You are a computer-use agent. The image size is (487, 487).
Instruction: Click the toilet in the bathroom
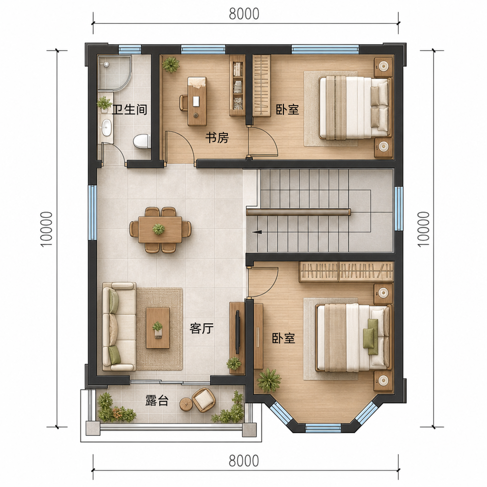[x=142, y=141]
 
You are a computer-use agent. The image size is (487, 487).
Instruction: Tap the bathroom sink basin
[x=107, y=127]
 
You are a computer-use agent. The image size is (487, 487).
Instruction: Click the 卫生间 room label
[x=129, y=110]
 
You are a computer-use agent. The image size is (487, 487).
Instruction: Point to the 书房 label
[x=217, y=137]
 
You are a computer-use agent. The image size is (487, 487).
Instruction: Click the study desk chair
[x=184, y=103]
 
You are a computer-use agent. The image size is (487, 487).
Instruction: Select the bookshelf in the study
[x=237, y=86]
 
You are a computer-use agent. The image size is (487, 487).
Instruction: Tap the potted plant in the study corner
[x=171, y=64]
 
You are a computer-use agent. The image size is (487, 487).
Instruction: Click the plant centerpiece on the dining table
[x=159, y=229]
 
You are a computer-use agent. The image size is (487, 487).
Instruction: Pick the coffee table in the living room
[x=158, y=328]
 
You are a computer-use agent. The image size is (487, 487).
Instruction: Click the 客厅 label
[x=202, y=328]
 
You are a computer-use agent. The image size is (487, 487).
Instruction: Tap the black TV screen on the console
[x=238, y=331]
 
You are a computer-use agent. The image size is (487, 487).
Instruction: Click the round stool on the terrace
[x=186, y=404]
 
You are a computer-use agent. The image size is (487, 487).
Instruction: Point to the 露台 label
[x=157, y=400]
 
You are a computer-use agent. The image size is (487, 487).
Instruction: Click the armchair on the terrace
[x=204, y=400]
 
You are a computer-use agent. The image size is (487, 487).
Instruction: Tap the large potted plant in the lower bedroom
[x=269, y=380]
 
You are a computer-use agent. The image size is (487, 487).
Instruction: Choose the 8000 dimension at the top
[x=244, y=14]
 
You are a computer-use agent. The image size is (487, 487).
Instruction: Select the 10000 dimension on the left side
[x=47, y=229]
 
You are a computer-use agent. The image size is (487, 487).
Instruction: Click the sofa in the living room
[x=119, y=326]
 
